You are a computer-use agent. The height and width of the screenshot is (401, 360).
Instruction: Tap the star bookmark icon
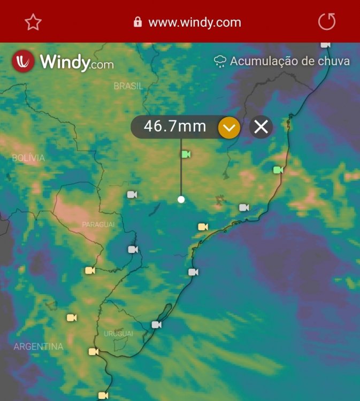33,22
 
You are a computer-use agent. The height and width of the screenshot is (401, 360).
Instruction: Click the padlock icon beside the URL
137,22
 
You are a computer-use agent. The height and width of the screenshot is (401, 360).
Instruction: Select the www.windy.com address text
194,22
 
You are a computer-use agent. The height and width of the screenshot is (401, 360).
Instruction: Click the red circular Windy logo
23,61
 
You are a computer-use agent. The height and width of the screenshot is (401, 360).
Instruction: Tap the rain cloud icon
220,61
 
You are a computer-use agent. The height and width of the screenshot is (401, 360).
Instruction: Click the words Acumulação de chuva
289,61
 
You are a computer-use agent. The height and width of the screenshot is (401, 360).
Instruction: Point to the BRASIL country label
128,86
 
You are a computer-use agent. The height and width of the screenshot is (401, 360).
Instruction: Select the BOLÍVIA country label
28,158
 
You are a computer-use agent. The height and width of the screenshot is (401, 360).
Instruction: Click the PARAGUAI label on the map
98,225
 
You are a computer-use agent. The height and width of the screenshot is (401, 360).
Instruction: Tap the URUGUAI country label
118,334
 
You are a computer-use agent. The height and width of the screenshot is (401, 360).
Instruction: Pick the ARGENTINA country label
39,346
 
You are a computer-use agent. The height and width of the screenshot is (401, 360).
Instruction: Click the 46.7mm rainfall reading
175,127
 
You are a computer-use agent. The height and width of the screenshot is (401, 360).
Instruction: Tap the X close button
261,127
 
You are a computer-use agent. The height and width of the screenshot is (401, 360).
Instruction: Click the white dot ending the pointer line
181,199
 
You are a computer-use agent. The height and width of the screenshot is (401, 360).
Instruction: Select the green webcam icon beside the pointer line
186,155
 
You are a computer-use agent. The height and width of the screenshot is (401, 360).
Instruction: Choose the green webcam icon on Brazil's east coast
278,170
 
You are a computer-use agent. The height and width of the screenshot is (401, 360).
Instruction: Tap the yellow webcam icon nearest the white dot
203,227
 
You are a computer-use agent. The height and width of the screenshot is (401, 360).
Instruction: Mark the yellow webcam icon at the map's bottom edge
103,396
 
